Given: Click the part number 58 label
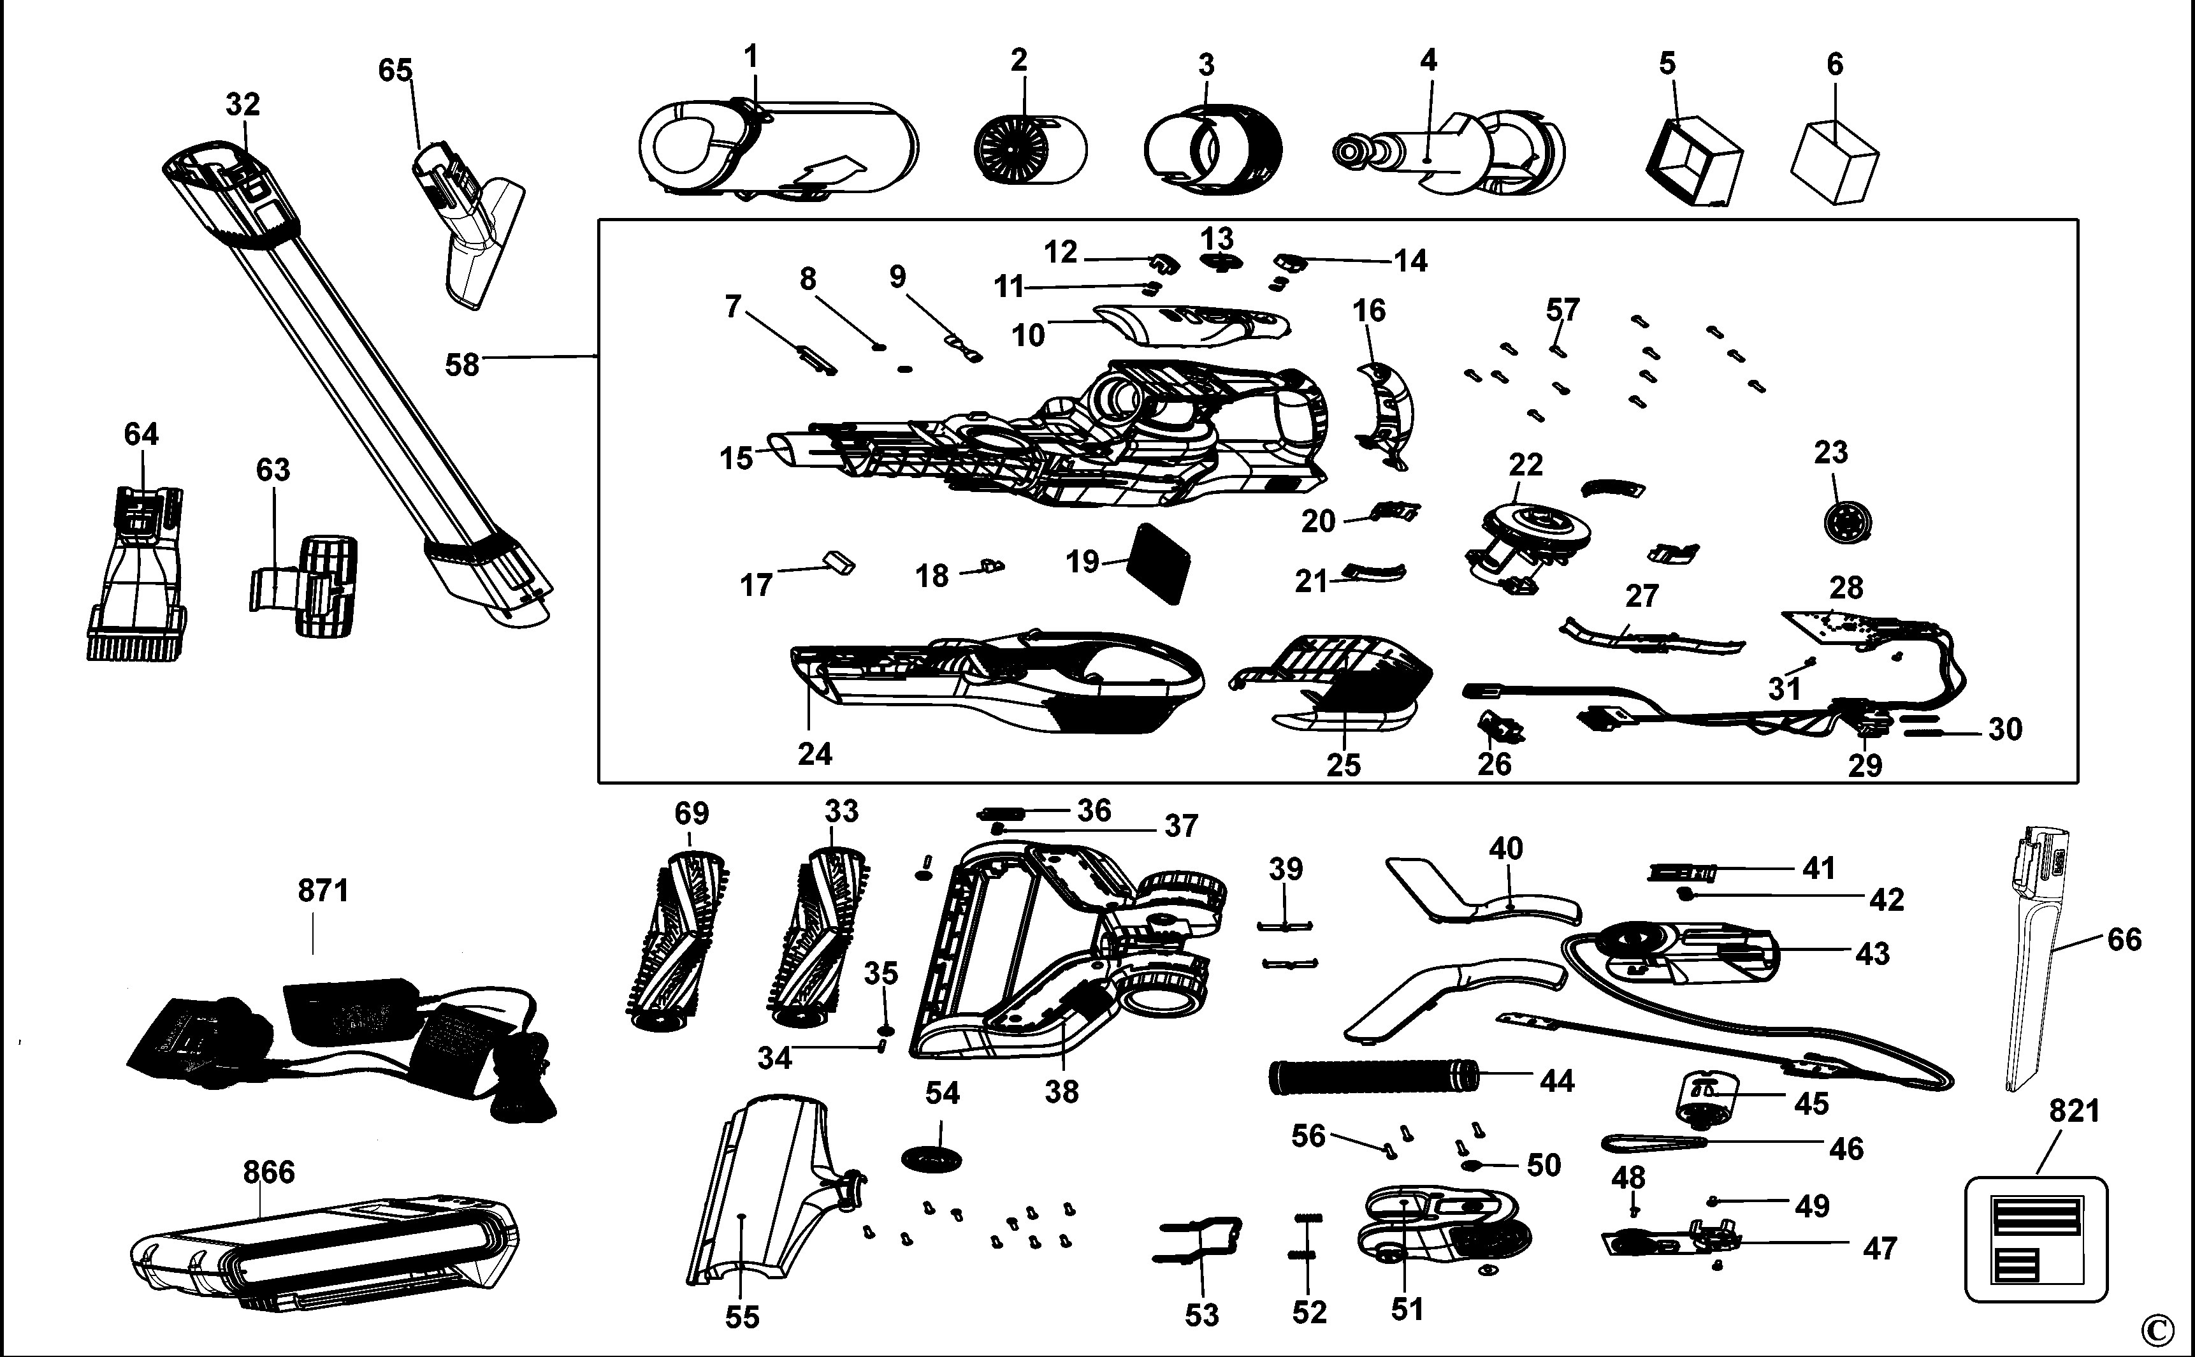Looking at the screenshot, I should point(462,365).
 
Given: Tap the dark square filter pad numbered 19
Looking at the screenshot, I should point(1163,565).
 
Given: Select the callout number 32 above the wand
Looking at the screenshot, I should point(242,105).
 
